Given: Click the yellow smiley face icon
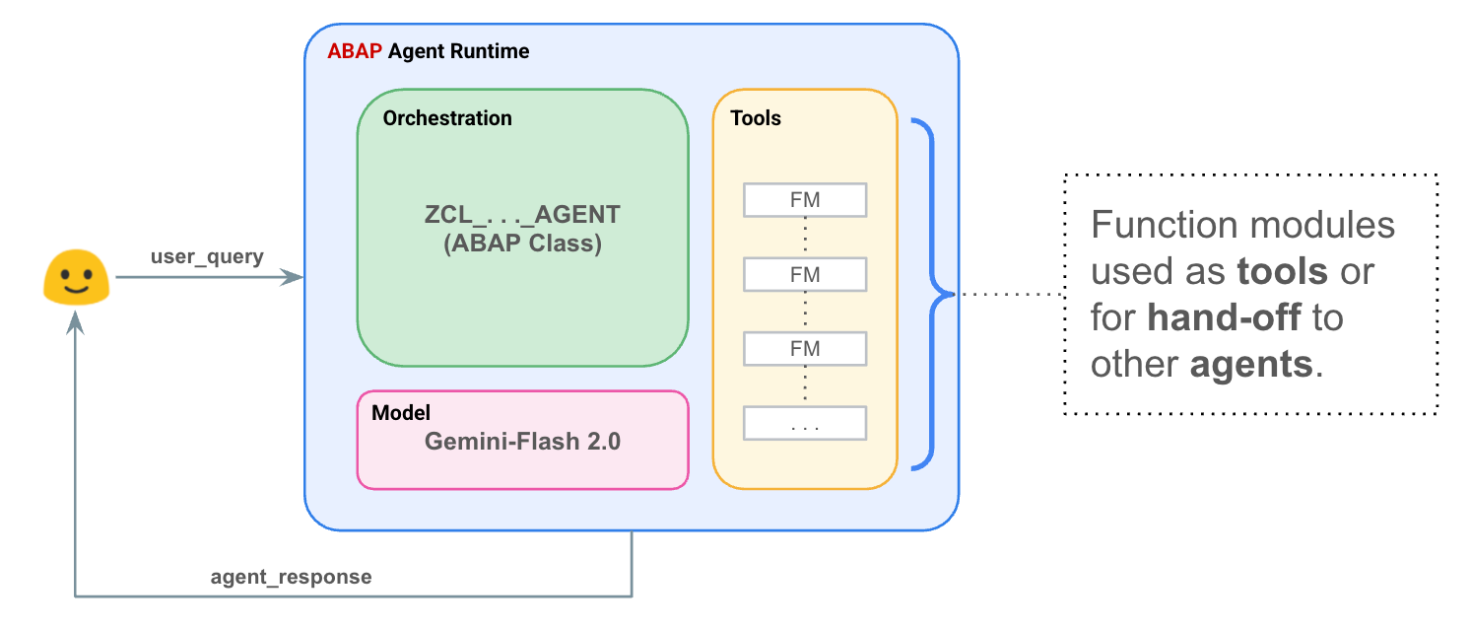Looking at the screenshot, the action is [76, 277].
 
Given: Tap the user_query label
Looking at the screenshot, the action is [207, 256].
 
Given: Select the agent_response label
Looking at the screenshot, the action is [291, 577].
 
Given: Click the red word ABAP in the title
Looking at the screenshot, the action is [355, 51].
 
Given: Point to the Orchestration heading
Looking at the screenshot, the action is [447, 118].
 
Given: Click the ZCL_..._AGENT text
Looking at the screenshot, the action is [522, 215].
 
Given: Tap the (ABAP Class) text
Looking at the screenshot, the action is [522, 244].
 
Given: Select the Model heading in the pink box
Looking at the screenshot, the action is [401, 413].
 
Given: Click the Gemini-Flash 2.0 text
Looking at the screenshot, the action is [522, 442].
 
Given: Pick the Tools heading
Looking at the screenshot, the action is [756, 118].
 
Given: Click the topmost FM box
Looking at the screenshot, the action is [805, 199].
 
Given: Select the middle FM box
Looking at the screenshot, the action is [805, 274].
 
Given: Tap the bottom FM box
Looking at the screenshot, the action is [805, 349].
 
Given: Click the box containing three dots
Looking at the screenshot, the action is [805, 424].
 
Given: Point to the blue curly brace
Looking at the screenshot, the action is [932, 294].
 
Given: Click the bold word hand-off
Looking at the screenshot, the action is [1224, 317].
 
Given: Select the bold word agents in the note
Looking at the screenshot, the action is [1251, 365].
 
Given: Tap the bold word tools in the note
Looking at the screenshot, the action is [1283, 271].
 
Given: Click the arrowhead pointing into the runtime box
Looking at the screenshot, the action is [292, 277].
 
